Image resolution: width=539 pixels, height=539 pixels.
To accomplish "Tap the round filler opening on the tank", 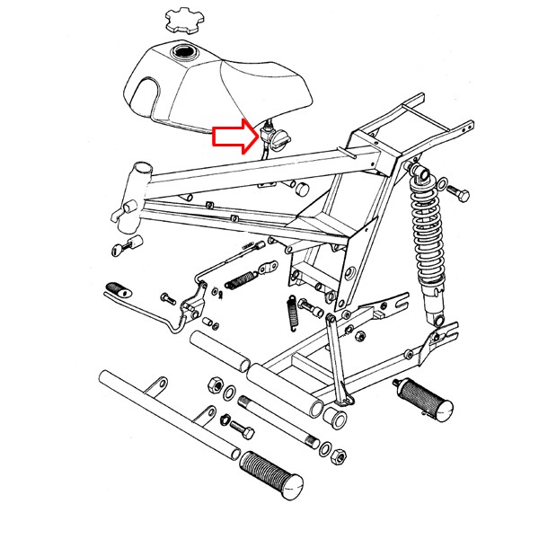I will [187, 54].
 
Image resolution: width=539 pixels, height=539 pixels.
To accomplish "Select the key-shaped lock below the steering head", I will [128, 243].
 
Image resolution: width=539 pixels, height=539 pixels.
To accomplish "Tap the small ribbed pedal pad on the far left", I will [115, 288].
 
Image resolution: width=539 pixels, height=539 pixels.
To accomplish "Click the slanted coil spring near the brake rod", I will [240, 279].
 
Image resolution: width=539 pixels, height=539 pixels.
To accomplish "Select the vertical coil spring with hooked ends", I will [291, 314].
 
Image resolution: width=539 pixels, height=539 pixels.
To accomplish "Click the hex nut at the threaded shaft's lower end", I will [339, 457].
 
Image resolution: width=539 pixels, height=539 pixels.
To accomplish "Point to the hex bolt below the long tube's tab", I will [239, 425].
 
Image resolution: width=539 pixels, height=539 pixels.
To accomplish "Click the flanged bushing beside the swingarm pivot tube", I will [338, 417].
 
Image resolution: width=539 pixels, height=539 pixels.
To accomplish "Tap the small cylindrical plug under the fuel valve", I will [303, 188].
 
